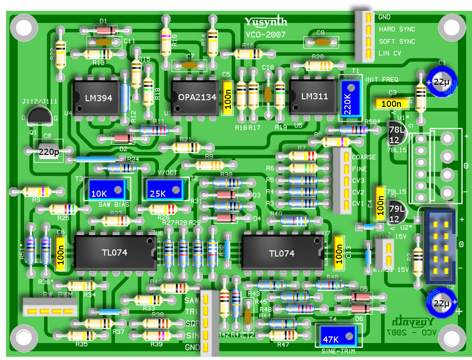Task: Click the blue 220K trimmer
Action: (349, 99)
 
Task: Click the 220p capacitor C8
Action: (49, 152)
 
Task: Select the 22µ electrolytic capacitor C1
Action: (442, 81)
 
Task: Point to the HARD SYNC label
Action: (397, 29)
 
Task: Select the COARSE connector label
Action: (364, 157)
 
